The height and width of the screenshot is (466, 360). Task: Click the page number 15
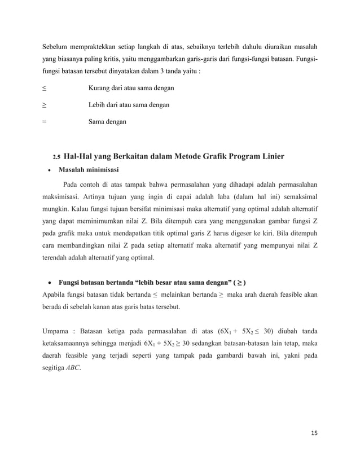tap(314, 432)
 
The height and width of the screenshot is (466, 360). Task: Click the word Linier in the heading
tap(270, 156)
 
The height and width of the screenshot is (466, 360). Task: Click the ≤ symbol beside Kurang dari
tap(45, 89)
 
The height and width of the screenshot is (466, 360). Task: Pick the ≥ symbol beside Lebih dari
tap(45, 105)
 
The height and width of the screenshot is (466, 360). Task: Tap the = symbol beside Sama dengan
tap(45, 121)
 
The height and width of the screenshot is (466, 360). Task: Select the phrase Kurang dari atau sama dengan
tap(131, 89)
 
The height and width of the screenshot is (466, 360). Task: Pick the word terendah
tap(58, 259)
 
